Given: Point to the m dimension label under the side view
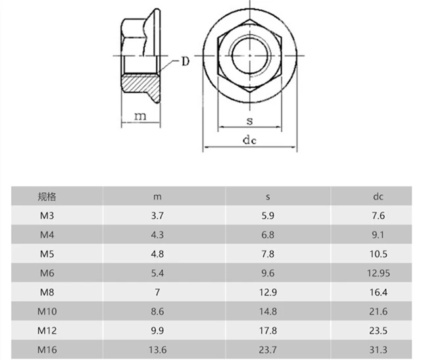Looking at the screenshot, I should tap(139, 116).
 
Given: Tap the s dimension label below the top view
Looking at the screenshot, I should tap(249, 120).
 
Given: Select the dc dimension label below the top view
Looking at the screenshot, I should tap(249, 140).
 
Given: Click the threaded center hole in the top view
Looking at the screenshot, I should tap(249, 55).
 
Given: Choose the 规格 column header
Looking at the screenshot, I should tap(47, 197).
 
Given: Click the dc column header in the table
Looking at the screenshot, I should tap(378, 197).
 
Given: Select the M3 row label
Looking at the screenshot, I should tap(47, 216).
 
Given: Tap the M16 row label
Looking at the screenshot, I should tap(47, 349).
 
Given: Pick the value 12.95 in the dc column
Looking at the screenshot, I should tap(378, 273).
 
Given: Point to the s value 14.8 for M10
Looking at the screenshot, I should tap(268, 311).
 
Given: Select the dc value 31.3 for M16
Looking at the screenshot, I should tap(378, 349).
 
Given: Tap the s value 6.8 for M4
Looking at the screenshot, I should tap(268, 235).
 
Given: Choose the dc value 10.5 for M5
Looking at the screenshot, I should tap(378, 254).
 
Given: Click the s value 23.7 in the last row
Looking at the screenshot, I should tap(268, 349).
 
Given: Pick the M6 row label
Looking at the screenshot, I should tap(47, 273).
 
